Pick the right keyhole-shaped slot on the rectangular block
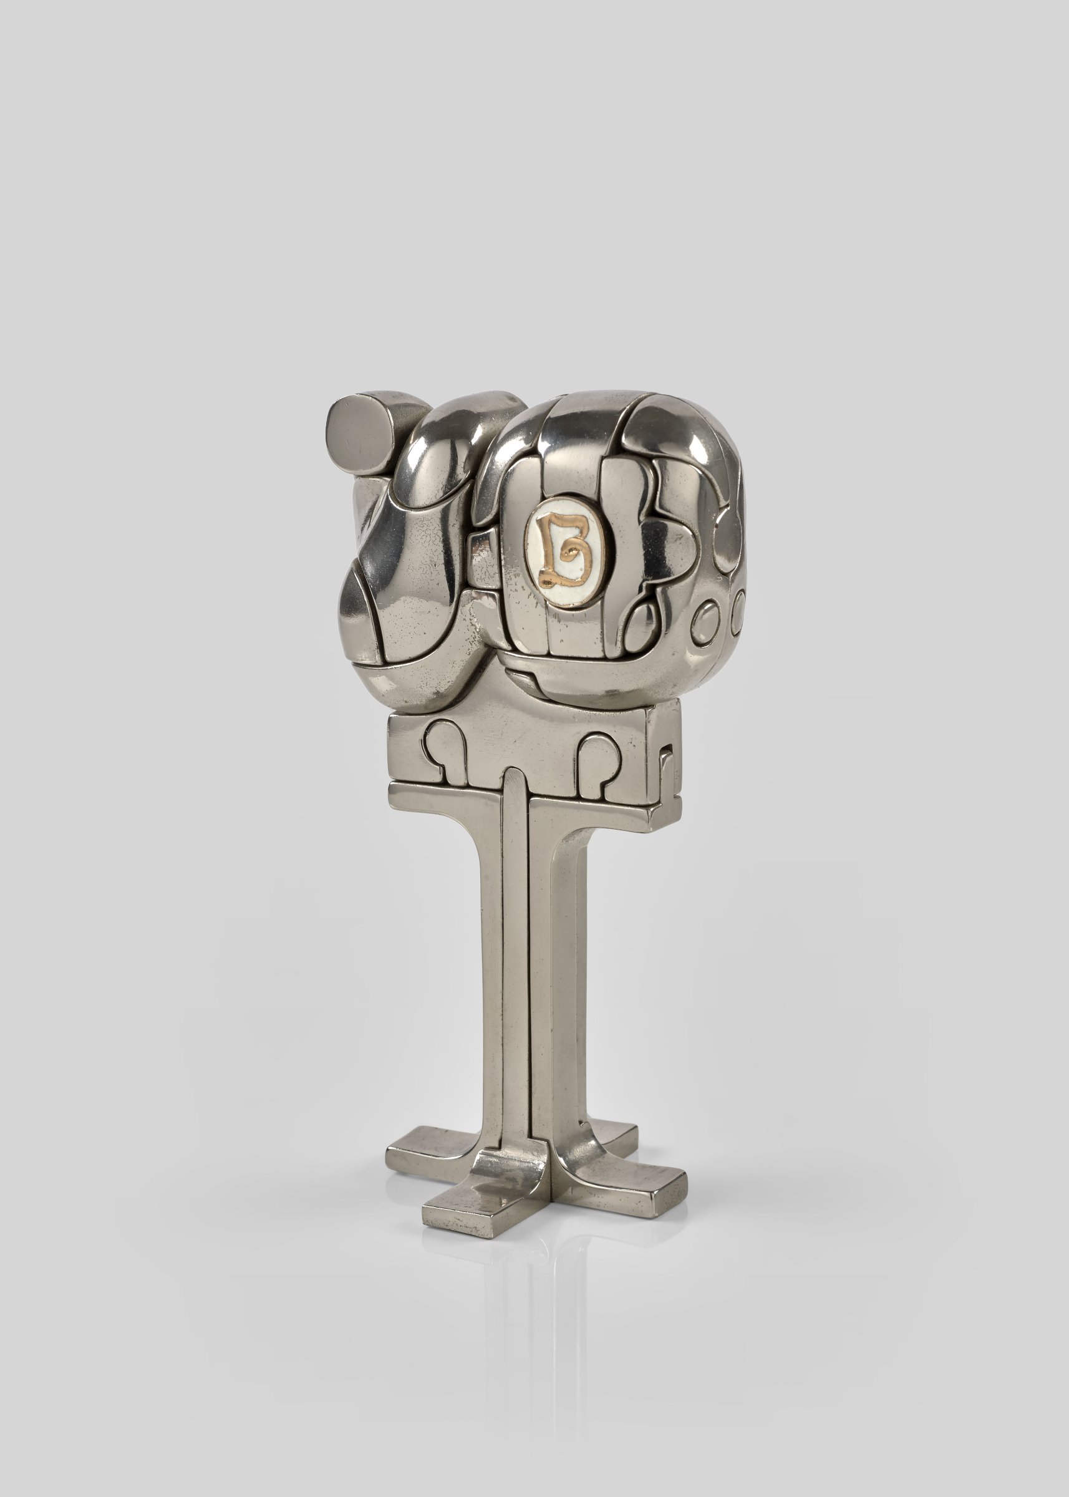[597, 757]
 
